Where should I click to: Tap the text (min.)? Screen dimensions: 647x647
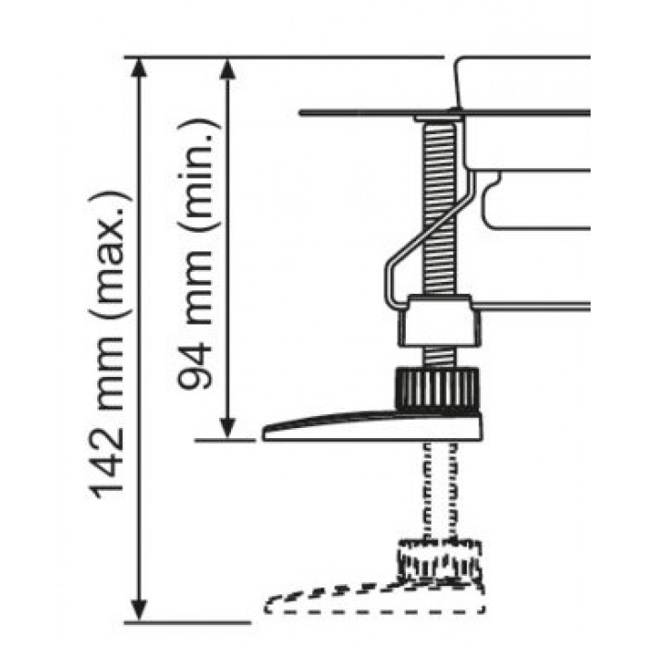[x=199, y=177]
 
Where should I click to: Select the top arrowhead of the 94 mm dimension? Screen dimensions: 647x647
[x=227, y=68]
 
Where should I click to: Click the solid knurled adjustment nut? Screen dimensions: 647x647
[x=437, y=389]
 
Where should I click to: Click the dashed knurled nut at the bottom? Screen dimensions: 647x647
[x=439, y=558]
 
